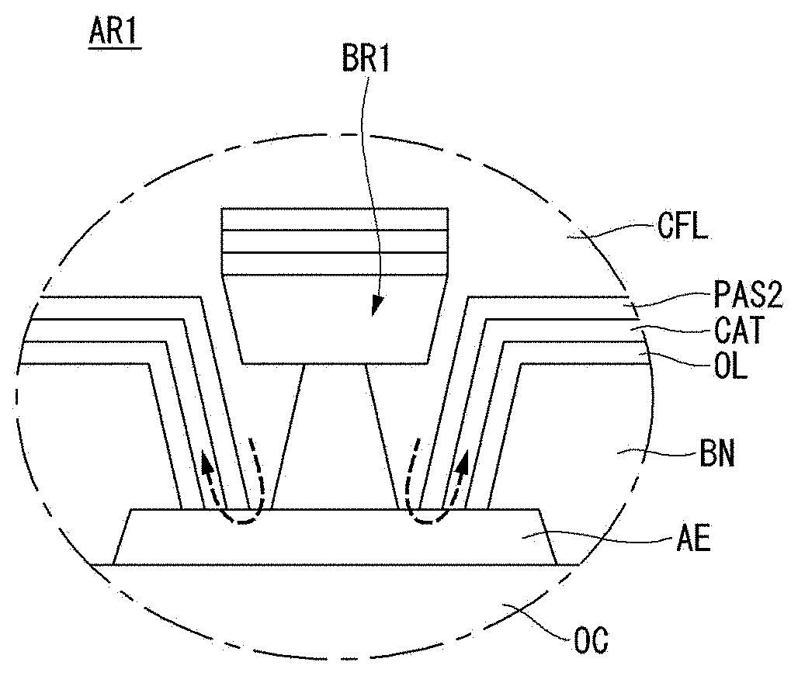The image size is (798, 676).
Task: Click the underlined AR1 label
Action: pyautogui.click(x=115, y=33)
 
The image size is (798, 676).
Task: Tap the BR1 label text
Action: pyautogui.click(x=366, y=59)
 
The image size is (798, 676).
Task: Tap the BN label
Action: pyautogui.click(x=717, y=453)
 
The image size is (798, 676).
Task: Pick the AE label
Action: pyautogui.click(x=692, y=539)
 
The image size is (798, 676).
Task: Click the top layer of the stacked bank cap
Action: pyautogui.click(x=335, y=219)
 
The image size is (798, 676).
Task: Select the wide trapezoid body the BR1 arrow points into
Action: pyautogui.click(x=335, y=320)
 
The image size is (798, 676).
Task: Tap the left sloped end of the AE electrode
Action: pyautogui.click(x=122, y=536)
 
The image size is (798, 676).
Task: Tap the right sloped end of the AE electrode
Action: pyautogui.click(x=547, y=536)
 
